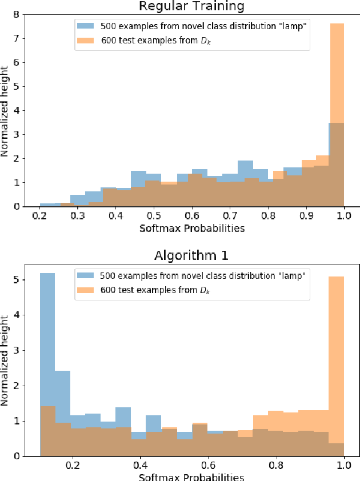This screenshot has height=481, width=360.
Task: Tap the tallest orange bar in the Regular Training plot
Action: [x=337, y=114]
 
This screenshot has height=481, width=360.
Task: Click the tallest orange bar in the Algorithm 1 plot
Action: [x=337, y=366]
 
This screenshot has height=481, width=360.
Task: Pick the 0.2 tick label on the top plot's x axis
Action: [x=39, y=217]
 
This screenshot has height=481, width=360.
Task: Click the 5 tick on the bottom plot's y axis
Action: [x=21, y=280]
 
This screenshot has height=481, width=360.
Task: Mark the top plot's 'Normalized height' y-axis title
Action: [x=6, y=111]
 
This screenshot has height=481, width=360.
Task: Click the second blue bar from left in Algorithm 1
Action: [x=63, y=411]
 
